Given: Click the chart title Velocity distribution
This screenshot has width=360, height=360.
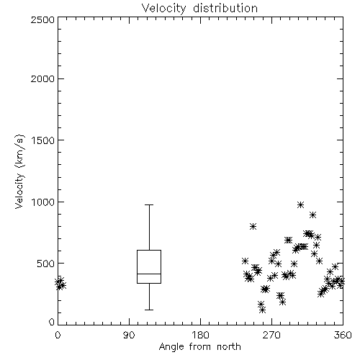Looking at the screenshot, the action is coord(199,9).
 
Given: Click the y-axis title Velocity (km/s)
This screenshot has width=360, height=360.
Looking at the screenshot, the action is coord(19,171).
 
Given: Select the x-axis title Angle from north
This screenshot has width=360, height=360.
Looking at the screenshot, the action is coord(199,346).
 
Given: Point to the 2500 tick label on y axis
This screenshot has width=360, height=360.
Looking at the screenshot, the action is coord(42,19).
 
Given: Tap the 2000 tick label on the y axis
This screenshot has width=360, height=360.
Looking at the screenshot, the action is coord(42,78).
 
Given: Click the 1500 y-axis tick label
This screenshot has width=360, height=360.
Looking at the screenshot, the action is coord(43,140).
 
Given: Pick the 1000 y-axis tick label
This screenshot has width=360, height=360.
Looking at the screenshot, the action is coord(43,202).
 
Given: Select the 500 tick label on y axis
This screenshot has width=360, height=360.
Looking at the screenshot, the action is coord(46,264).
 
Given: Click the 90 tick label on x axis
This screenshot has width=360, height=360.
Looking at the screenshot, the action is coord(129,335).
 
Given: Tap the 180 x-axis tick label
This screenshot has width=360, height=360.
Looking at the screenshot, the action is coord(200,335).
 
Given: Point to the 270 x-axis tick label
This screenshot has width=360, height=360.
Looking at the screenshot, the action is coord(271,335).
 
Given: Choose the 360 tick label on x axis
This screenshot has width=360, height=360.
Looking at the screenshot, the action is coord(343,335).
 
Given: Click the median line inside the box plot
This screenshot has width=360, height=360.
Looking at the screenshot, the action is coord(149,274).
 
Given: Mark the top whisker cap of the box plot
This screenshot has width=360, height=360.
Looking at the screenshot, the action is coord(149,204).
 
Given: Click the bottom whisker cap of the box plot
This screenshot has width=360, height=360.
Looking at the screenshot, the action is coord(149,310).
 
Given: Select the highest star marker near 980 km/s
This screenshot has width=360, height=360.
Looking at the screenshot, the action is coord(300,204).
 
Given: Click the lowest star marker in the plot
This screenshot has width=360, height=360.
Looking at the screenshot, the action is coord(262,310).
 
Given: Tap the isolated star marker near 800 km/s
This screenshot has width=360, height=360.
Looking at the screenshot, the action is coord(253,226).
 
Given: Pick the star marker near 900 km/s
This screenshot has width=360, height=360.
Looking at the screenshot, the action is coord(312,215).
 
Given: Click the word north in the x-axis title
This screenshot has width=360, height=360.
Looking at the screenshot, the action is coord(229,346).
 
